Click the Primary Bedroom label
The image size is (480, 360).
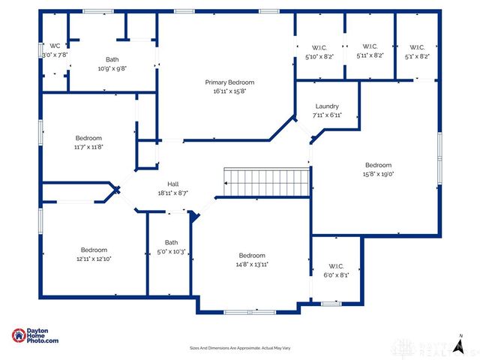point(229,82)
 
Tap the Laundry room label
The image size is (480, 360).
point(326,106)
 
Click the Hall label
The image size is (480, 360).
point(172,184)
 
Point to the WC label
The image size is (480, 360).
point(55,46)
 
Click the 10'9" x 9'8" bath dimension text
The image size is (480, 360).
point(112,68)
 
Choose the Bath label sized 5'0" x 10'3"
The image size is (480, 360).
point(172,242)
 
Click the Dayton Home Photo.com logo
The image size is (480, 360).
point(35,337)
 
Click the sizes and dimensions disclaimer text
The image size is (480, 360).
point(240,348)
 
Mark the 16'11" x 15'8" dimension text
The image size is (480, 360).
point(229,91)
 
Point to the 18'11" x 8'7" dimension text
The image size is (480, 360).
point(172,193)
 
